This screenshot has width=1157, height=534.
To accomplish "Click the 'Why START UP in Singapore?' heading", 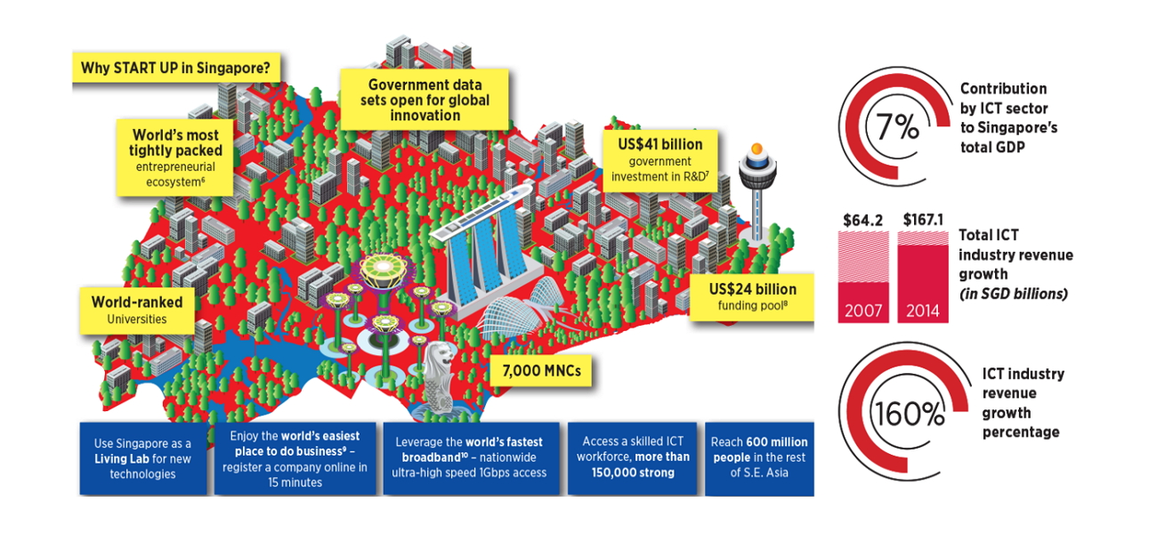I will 176,68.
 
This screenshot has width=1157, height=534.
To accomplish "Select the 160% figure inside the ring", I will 896,414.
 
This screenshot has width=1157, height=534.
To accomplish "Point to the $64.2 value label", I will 863,219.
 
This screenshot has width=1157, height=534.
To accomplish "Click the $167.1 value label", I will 924,219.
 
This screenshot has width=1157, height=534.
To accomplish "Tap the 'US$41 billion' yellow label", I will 659,158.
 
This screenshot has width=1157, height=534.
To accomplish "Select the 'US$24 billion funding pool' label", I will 752,297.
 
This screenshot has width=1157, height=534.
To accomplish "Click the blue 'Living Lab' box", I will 142,457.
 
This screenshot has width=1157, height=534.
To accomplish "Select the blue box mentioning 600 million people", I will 759,457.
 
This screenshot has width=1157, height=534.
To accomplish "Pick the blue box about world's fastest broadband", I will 469,457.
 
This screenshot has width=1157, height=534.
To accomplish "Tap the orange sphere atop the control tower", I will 758,149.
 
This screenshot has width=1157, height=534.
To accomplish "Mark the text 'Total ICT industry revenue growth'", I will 1015,264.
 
